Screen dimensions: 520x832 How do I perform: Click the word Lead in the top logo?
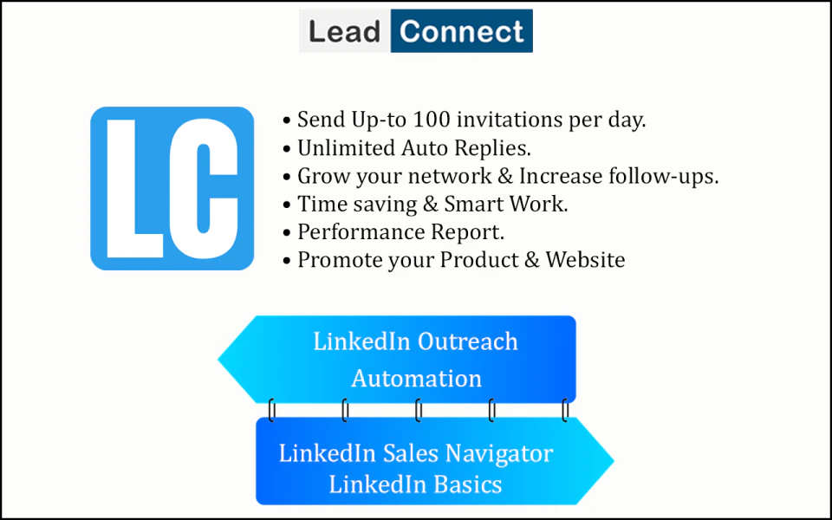click(345, 32)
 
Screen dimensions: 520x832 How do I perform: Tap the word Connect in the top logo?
click(461, 32)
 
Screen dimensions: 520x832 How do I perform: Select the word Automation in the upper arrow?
click(416, 379)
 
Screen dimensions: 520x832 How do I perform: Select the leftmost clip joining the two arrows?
click(272, 410)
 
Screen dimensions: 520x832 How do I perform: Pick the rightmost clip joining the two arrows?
click(565, 410)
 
